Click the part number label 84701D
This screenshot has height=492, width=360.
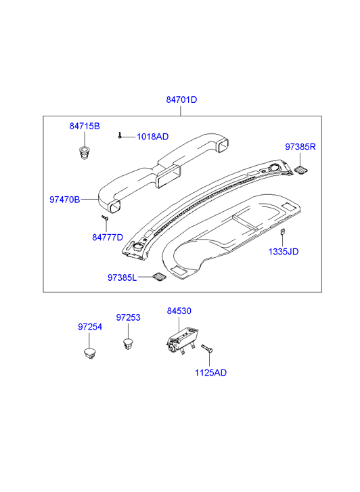click(x=181, y=99)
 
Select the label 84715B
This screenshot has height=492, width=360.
click(x=85, y=126)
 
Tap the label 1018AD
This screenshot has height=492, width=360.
click(x=152, y=137)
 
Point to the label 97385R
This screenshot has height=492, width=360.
click(x=300, y=147)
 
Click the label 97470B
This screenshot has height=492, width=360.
click(x=65, y=200)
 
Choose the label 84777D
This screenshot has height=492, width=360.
click(x=108, y=238)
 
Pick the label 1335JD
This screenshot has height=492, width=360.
click(x=284, y=252)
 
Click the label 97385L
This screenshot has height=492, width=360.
click(x=122, y=277)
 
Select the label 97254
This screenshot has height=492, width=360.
click(x=90, y=327)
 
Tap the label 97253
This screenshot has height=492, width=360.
click(x=128, y=317)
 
